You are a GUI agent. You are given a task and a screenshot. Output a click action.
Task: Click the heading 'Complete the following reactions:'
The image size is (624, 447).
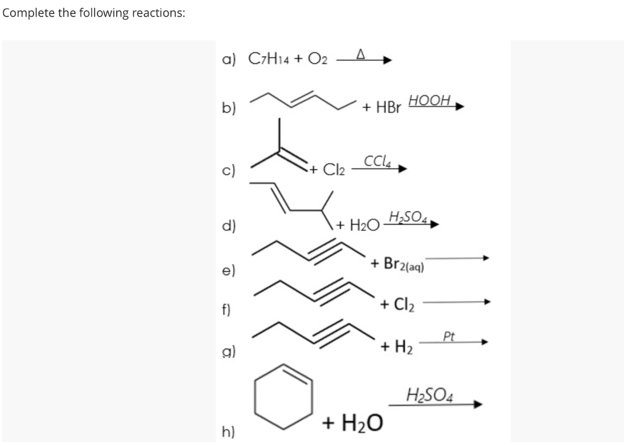click(x=94, y=13)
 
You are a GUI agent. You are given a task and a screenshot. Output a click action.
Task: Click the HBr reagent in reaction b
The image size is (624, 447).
click(x=388, y=108)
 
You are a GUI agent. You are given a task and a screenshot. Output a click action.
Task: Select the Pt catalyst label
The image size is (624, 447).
click(x=449, y=335)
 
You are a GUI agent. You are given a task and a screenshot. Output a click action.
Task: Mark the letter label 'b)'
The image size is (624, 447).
click(x=229, y=109)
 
